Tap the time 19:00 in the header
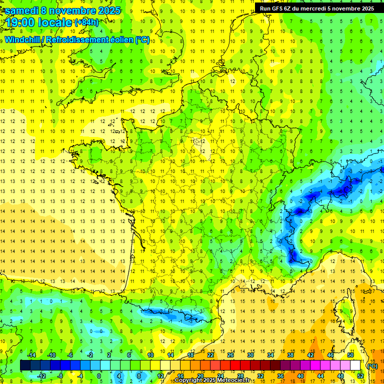21,22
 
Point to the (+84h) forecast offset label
86,22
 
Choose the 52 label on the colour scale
360,375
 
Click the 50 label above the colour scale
350,355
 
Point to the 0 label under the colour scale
99,375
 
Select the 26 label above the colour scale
230,355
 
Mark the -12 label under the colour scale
42,375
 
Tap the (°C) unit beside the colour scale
371,365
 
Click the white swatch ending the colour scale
355,365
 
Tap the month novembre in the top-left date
74,10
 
